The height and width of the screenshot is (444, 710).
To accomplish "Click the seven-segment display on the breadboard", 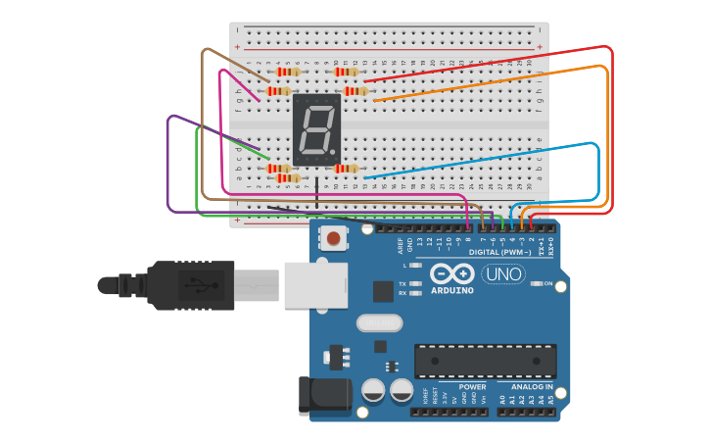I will pos(316,129).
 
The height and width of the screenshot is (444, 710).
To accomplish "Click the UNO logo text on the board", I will pos(503,274).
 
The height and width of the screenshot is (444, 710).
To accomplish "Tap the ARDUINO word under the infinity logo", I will pos(451,290).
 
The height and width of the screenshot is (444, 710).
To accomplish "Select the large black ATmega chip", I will pos(485,361).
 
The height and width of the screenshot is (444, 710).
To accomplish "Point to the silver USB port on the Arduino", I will pos(315,285).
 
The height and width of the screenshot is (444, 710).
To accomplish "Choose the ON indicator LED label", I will pos(547,284).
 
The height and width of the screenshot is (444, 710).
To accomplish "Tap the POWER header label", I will pos(472,386).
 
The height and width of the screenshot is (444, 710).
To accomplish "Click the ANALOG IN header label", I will pos(528,386).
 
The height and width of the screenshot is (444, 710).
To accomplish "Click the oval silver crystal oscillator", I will pos(379,322).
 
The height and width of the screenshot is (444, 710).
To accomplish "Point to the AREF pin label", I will pos(400,245).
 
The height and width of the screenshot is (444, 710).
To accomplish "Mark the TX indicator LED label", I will pos(402,284).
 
